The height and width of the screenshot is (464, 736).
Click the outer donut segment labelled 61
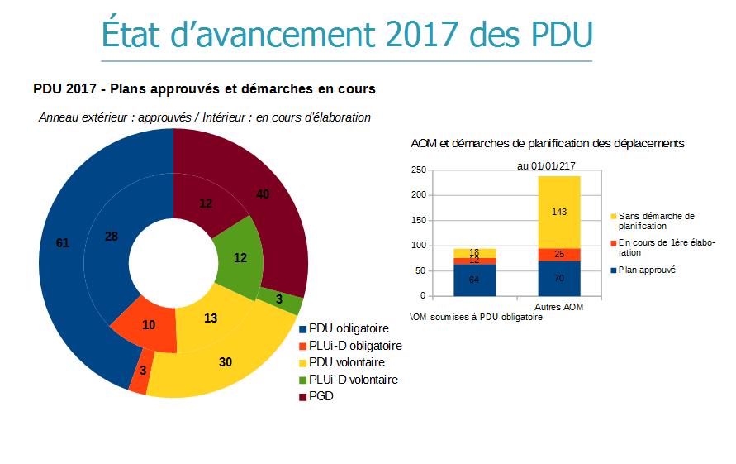pos(62,243)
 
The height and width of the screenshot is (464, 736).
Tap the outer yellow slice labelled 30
pos(226,362)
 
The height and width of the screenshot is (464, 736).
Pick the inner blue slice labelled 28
pos(112,237)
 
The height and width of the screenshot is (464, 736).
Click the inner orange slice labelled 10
pos(149,324)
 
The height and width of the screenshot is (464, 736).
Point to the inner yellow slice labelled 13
pos(211,318)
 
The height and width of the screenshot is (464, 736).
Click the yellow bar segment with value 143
pos(558,212)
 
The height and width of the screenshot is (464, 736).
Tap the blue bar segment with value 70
pos(558,279)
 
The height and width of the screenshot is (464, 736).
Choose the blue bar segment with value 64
pos(474,280)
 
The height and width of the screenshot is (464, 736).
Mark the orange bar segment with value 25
pos(558,254)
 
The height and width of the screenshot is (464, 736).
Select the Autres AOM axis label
pos(559,308)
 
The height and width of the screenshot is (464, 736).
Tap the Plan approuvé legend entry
pos(647,270)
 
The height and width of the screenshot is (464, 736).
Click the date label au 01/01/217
pos(546,165)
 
